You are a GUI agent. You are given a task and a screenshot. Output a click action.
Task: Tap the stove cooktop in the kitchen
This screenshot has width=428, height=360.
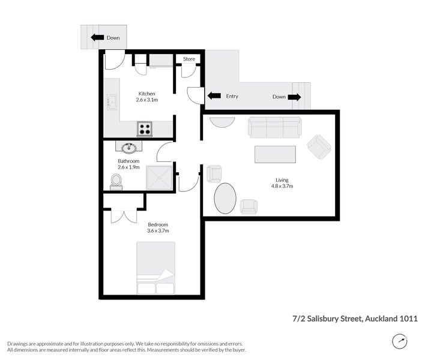[145, 128]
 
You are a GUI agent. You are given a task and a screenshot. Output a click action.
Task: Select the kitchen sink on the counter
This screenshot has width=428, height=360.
[112, 103]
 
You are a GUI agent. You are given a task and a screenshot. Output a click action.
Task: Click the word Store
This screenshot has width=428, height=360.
[189, 59]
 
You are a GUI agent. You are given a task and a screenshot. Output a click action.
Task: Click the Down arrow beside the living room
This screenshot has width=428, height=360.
[295, 97]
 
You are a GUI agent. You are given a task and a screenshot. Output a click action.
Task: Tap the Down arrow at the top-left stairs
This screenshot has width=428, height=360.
[95, 38]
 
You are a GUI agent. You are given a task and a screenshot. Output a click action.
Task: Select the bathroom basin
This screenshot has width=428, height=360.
[128, 148]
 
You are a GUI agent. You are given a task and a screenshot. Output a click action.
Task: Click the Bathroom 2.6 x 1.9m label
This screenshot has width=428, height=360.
[128, 164]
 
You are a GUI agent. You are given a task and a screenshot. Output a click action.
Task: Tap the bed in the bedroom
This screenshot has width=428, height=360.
[155, 267]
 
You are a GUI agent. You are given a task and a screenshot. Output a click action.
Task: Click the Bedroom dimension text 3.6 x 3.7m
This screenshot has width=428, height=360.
[158, 230]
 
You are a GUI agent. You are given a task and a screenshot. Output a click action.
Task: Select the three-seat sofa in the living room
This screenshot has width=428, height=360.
[274, 127]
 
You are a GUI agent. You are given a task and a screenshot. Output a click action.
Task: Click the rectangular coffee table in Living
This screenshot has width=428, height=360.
[275, 154]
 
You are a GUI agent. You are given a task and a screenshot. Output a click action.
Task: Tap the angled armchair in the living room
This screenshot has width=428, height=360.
[318, 146]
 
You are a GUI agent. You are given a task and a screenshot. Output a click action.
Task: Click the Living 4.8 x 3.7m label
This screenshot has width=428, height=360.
[282, 183]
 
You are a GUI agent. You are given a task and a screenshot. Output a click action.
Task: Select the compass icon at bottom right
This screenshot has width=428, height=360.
[399, 341]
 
